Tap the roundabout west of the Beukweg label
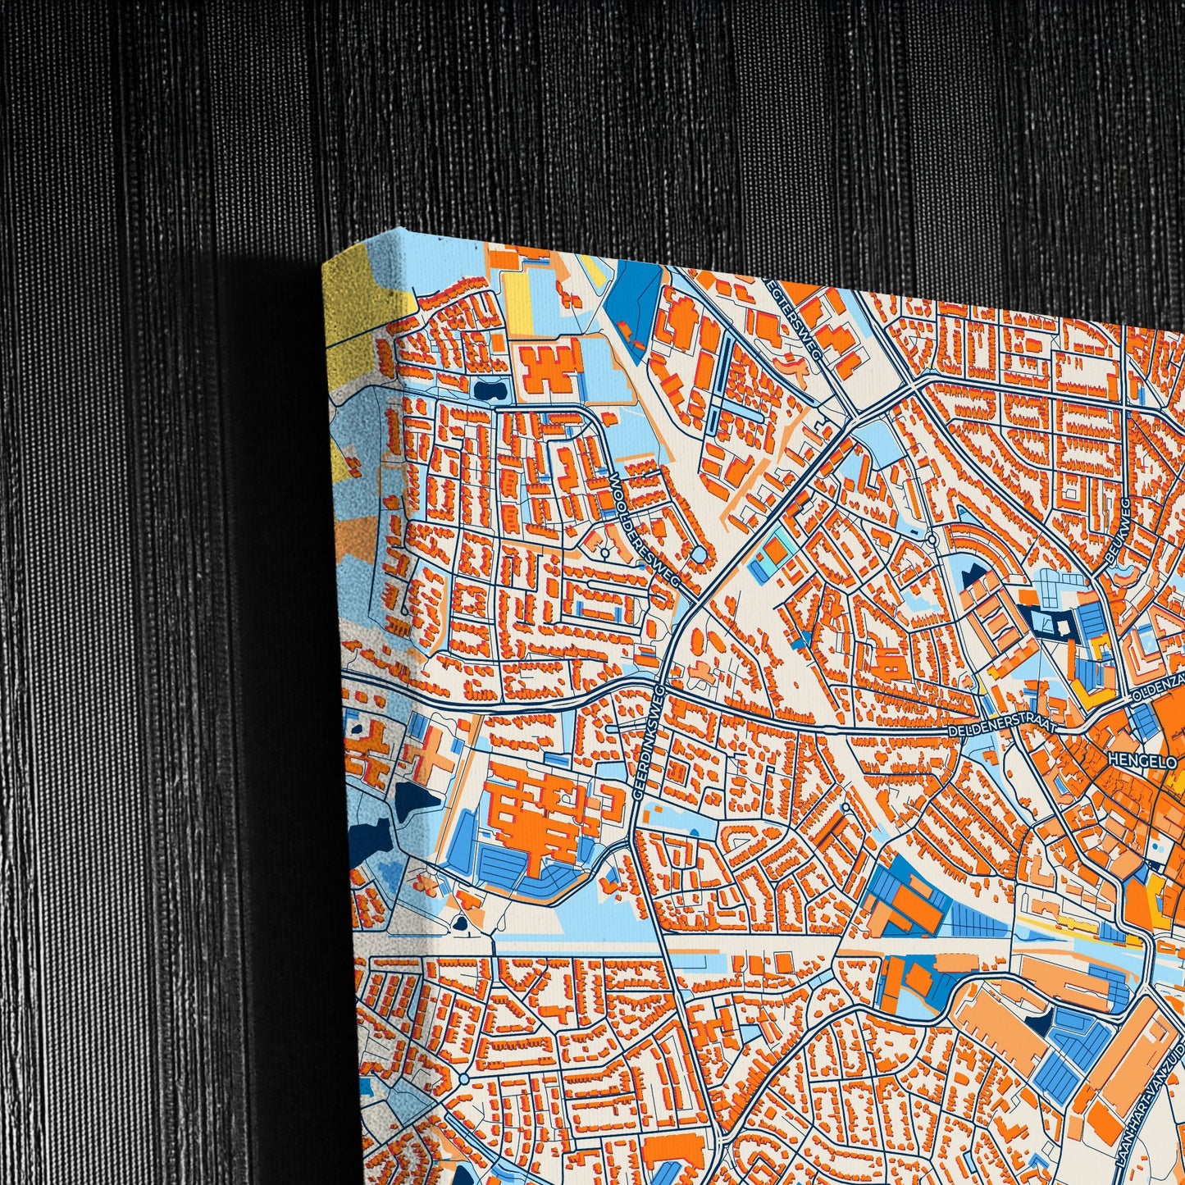pyautogui.click(x=933, y=539)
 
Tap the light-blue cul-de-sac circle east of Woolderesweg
pyautogui.click(x=697, y=556)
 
